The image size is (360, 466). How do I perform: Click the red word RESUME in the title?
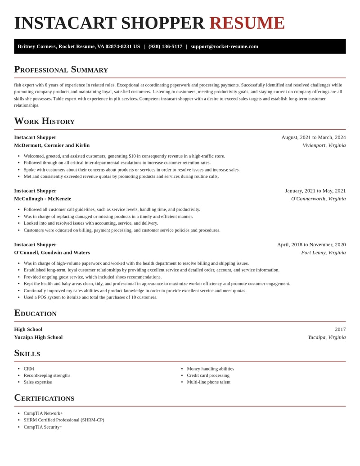click(x=247, y=23)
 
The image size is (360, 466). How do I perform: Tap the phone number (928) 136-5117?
click(x=165, y=46)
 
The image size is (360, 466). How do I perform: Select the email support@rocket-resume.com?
click(x=224, y=46)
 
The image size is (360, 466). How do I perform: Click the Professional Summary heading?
click(x=61, y=69)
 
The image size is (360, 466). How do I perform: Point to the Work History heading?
click(x=44, y=121)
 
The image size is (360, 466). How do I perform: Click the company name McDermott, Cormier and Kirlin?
click(x=52, y=145)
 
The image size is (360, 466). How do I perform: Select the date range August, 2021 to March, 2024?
click(x=313, y=137)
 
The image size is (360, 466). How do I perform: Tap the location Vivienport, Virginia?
click(x=324, y=145)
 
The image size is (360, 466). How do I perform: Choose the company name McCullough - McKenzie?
click(x=43, y=199)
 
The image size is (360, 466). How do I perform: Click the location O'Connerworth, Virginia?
click(x=318, y=199)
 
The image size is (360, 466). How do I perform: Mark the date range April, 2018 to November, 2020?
click(x=311, y=244)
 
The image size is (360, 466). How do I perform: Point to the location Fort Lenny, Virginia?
click(x=323, y=253)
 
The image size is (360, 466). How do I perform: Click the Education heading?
click(x=35, y=313)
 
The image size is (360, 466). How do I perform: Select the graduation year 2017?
click(x=340, y=329)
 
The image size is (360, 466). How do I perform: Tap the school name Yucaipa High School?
click(x=38, y=337)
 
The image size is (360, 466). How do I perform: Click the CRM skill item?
click(x=29, y=369)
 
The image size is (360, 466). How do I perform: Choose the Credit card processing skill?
click(x=208, y=376)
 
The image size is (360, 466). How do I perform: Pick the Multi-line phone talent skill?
click(x=208, y=382)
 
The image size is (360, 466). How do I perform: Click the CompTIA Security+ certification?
click(x=43, y=427)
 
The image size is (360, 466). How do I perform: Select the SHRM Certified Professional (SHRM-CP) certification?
click(x=64, y=420)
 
